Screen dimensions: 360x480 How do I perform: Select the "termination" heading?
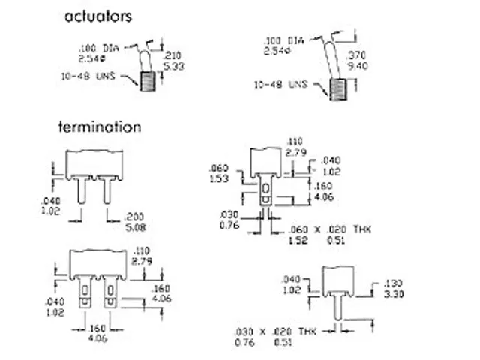click(100, 127)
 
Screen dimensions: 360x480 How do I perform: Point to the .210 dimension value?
click(172, 55)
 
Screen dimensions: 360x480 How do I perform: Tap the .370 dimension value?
click(358, 55)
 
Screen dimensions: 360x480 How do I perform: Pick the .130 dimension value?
click(392, 283)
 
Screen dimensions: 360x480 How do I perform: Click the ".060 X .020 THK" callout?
click(330, 229)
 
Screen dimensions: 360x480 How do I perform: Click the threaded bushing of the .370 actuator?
click(341, 90)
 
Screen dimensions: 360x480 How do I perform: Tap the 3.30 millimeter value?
click(392, 293)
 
